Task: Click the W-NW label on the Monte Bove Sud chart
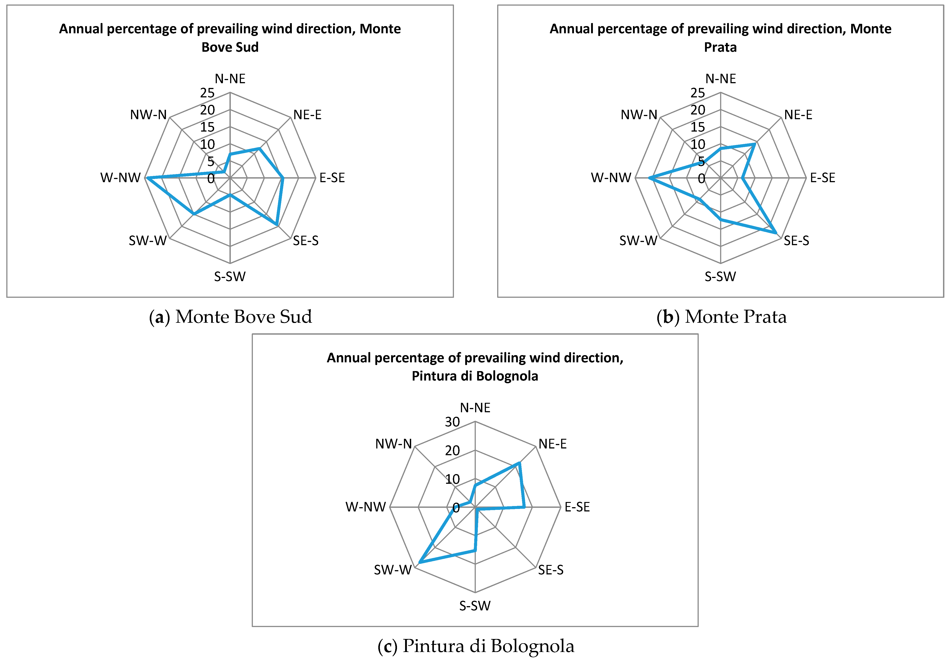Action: [x=120, y=178]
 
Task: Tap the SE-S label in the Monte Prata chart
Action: [x=796, y=241]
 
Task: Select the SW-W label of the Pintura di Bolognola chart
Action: [x=393, y=570]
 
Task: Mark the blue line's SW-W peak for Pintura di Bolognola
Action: [x=419, y=562]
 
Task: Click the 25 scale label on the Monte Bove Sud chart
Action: [x=207, y=93]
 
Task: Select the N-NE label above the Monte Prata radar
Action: [x=720, y=78]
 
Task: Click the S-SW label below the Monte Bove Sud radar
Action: [x=230, y=276]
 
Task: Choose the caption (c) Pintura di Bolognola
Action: [x=476, y=646]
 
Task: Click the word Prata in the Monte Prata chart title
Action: [x=720, y=47]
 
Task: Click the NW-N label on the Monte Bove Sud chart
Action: [x=148, y=114]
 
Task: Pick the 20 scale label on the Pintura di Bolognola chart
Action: [x=452, y=450]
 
